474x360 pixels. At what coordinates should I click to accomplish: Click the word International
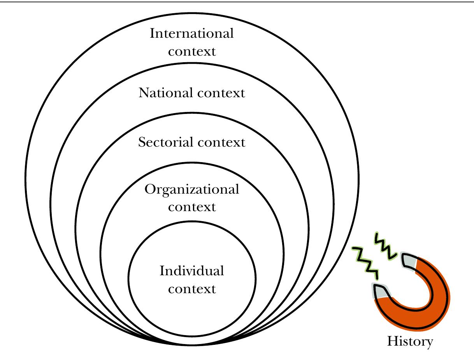tap(192, 34)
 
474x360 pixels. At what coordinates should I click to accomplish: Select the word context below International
tap(192, 51)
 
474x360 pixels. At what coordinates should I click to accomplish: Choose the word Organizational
tap(192, 190)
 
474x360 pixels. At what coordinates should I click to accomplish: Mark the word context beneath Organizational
tap(192, 207)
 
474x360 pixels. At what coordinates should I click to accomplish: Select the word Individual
tap(192, 271)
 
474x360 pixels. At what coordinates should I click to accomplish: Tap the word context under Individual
tap(192, 289)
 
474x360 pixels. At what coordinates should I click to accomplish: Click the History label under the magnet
tap(409, 342)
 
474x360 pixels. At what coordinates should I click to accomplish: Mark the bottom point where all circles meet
tap(192, 344)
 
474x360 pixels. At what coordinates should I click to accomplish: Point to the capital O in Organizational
tap(150, 190)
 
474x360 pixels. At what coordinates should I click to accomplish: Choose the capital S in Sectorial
tap(142, 142)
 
